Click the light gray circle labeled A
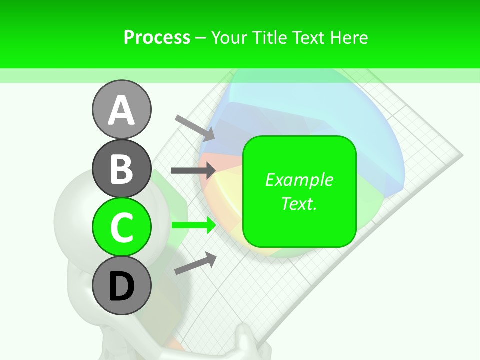coord(121,109)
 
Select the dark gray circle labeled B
coord(121,168)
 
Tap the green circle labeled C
coord(121,227)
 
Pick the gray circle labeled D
coord(121,285)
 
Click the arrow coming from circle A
coord(195,127)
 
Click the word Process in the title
coord(157,37)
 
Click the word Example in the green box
coord(299,180)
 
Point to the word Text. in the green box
coord(299,203)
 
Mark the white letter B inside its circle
coord(121,168)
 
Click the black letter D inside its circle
coord(121,286)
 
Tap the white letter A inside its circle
coord(121,110)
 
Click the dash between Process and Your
coord(201,38)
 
